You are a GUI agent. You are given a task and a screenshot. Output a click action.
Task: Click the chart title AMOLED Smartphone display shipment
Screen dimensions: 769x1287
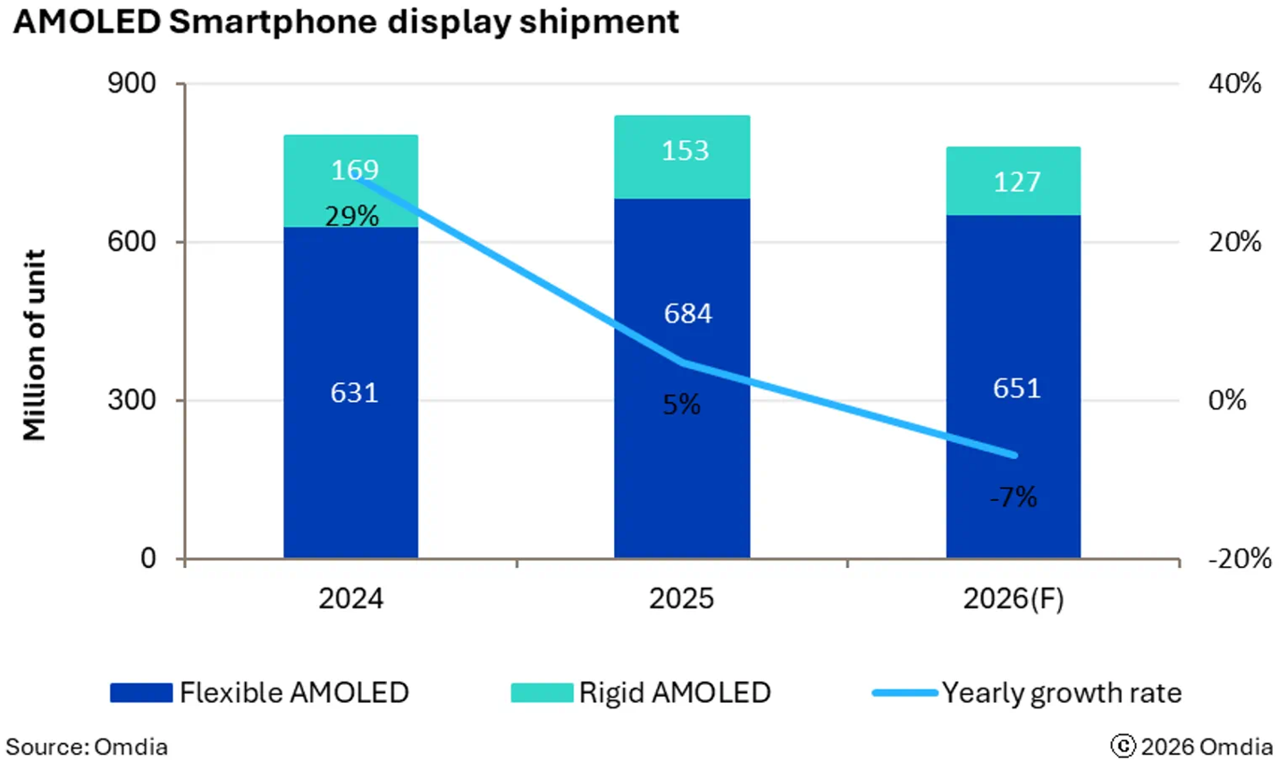346,21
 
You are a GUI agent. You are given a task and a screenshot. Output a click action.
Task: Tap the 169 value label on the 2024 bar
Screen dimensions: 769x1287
355,170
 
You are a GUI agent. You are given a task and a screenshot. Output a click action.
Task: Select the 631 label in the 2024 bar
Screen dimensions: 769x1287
355,393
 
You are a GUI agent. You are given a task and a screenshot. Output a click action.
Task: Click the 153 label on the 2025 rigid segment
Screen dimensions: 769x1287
686,150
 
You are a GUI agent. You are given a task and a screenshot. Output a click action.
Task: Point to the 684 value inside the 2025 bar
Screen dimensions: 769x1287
688,313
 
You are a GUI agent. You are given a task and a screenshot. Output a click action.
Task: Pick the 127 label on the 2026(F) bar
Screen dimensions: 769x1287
1017,182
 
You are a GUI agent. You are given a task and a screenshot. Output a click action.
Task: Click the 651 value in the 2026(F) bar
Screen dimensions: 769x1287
1017,389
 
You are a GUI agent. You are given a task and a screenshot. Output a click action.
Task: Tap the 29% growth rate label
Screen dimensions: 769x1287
352,216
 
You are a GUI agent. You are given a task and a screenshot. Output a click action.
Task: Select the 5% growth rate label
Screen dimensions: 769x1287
682,405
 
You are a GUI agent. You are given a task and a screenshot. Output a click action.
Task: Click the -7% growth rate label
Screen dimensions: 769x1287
1014,497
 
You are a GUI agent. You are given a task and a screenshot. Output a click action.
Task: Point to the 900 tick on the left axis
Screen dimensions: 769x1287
131,83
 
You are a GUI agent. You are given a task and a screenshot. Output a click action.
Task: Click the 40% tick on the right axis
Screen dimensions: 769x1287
1235,83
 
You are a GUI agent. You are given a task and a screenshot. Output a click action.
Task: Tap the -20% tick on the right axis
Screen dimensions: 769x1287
1240,559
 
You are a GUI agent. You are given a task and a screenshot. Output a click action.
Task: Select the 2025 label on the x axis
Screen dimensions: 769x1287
682,598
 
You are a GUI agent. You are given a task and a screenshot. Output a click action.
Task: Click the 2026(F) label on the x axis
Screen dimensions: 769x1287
1014,598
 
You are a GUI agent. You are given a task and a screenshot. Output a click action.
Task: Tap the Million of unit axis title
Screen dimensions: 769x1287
34,346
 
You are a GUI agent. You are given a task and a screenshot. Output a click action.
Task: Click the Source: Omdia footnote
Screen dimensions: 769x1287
87,747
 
